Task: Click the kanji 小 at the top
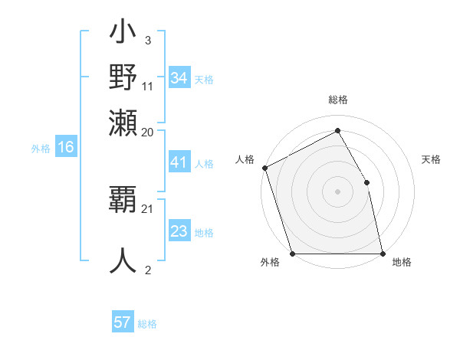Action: click(123, 34)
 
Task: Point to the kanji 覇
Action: click(123, 201)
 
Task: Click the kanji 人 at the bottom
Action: click(123, 260)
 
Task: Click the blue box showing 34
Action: click(179, 78)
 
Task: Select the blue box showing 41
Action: click(179, 163)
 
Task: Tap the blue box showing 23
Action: click(179, 231)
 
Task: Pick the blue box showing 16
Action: click(66, 148)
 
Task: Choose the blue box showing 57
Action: click(123, 322)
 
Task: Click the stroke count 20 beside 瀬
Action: click(148, 132)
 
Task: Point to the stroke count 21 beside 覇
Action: click(148, 208)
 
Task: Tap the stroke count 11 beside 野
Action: click(148, 86)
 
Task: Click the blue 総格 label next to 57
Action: click(147, 324)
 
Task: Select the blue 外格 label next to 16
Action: click(41, 149)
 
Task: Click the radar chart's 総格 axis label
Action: click(337, 100)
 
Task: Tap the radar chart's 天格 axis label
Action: click(431, 159)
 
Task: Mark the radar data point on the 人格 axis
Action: click(264, 168)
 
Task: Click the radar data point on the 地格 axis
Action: click(383, 254)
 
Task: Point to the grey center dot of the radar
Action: click(337, 191)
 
